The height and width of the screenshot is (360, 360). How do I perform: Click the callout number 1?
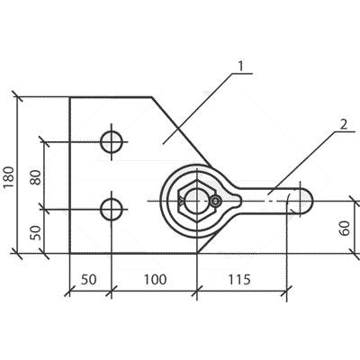pos(240,67)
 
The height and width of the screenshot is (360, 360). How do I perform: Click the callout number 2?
pos(344,124)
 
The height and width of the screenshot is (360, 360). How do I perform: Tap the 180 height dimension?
pos(9,176)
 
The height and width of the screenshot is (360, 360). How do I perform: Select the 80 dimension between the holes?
pos(35,177)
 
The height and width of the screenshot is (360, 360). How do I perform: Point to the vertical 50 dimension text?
pos(35,233)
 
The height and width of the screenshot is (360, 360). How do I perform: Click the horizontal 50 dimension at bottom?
pos(89,280)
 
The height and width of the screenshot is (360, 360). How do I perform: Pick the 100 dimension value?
pos(155,280)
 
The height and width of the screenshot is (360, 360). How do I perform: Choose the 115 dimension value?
pos(239,280)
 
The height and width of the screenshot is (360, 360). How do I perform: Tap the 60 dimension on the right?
pos(345,228)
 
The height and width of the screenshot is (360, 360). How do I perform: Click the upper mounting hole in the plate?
pos(112,142)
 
